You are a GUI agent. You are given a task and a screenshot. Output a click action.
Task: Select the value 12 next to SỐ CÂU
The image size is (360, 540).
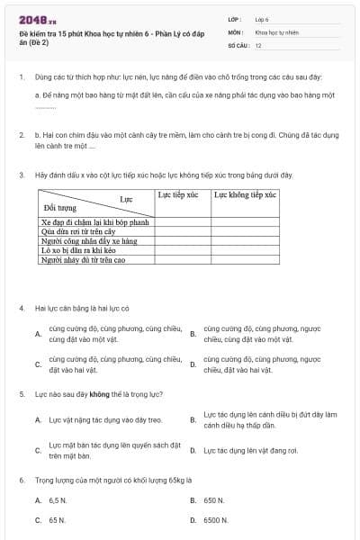coord(258,44)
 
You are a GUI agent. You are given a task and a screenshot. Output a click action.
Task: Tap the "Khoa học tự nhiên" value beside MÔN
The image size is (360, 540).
coord(275,31)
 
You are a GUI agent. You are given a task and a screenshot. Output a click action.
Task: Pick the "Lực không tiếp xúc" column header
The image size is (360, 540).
coord(244,194)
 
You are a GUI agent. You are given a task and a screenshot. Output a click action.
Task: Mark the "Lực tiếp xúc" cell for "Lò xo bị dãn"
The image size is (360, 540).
coord(183,250)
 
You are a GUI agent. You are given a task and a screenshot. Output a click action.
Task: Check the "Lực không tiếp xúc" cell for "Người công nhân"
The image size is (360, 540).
coord(244,240)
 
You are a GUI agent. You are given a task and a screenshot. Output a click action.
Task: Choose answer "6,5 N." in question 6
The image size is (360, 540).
coord(58,499)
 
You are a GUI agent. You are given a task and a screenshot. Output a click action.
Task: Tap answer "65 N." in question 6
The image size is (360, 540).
coord(57,520)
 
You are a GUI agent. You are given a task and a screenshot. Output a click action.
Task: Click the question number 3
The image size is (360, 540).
coord(21,175)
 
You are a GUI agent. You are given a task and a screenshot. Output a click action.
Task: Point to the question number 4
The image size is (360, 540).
coord(21,308)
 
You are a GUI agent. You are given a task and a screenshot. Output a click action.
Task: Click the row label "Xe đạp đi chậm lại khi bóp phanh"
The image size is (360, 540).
coord(94,220)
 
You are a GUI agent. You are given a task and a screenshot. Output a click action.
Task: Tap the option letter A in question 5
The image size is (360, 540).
coord(38,419)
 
